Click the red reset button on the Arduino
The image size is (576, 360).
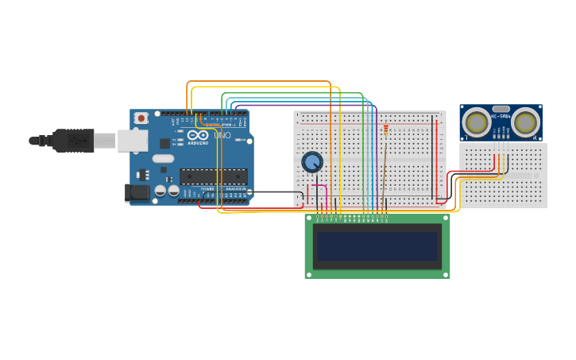pyautogui.click(x=141, y=118)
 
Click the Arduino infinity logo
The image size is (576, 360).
pyautogui.click(x=198, y=135)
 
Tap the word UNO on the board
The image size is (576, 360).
pyautogui.click(x=222, y=135)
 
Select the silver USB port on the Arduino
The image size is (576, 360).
pyautogui.click(x=132, y=141)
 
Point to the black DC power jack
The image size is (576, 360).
pyautogui.click(x=137, y=192)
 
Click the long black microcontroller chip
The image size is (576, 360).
pyautogui.click(x=213, y=176)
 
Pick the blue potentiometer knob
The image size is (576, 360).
pyautogui.click(x=312, y=162)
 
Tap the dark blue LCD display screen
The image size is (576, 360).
pyautogui.click(x=377, y=246)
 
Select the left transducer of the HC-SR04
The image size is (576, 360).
pyautogui.click(x=477, y=123)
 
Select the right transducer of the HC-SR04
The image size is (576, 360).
pyautogui.click(x=525, y=123)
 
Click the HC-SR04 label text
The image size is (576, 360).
pyautogui.click(x=501, y=118)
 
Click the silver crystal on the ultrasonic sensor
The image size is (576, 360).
pyautogui.click(x=501, y=108)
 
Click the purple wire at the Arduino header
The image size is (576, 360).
pyautogui.click(x=236, y=109)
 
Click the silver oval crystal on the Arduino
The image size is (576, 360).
pyautogui.click(x=163, y=158)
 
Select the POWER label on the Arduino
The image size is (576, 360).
pyautogui.click(x=207, y=188)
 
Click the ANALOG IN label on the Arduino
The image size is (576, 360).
pyautogui.click(x=235, y=188)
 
